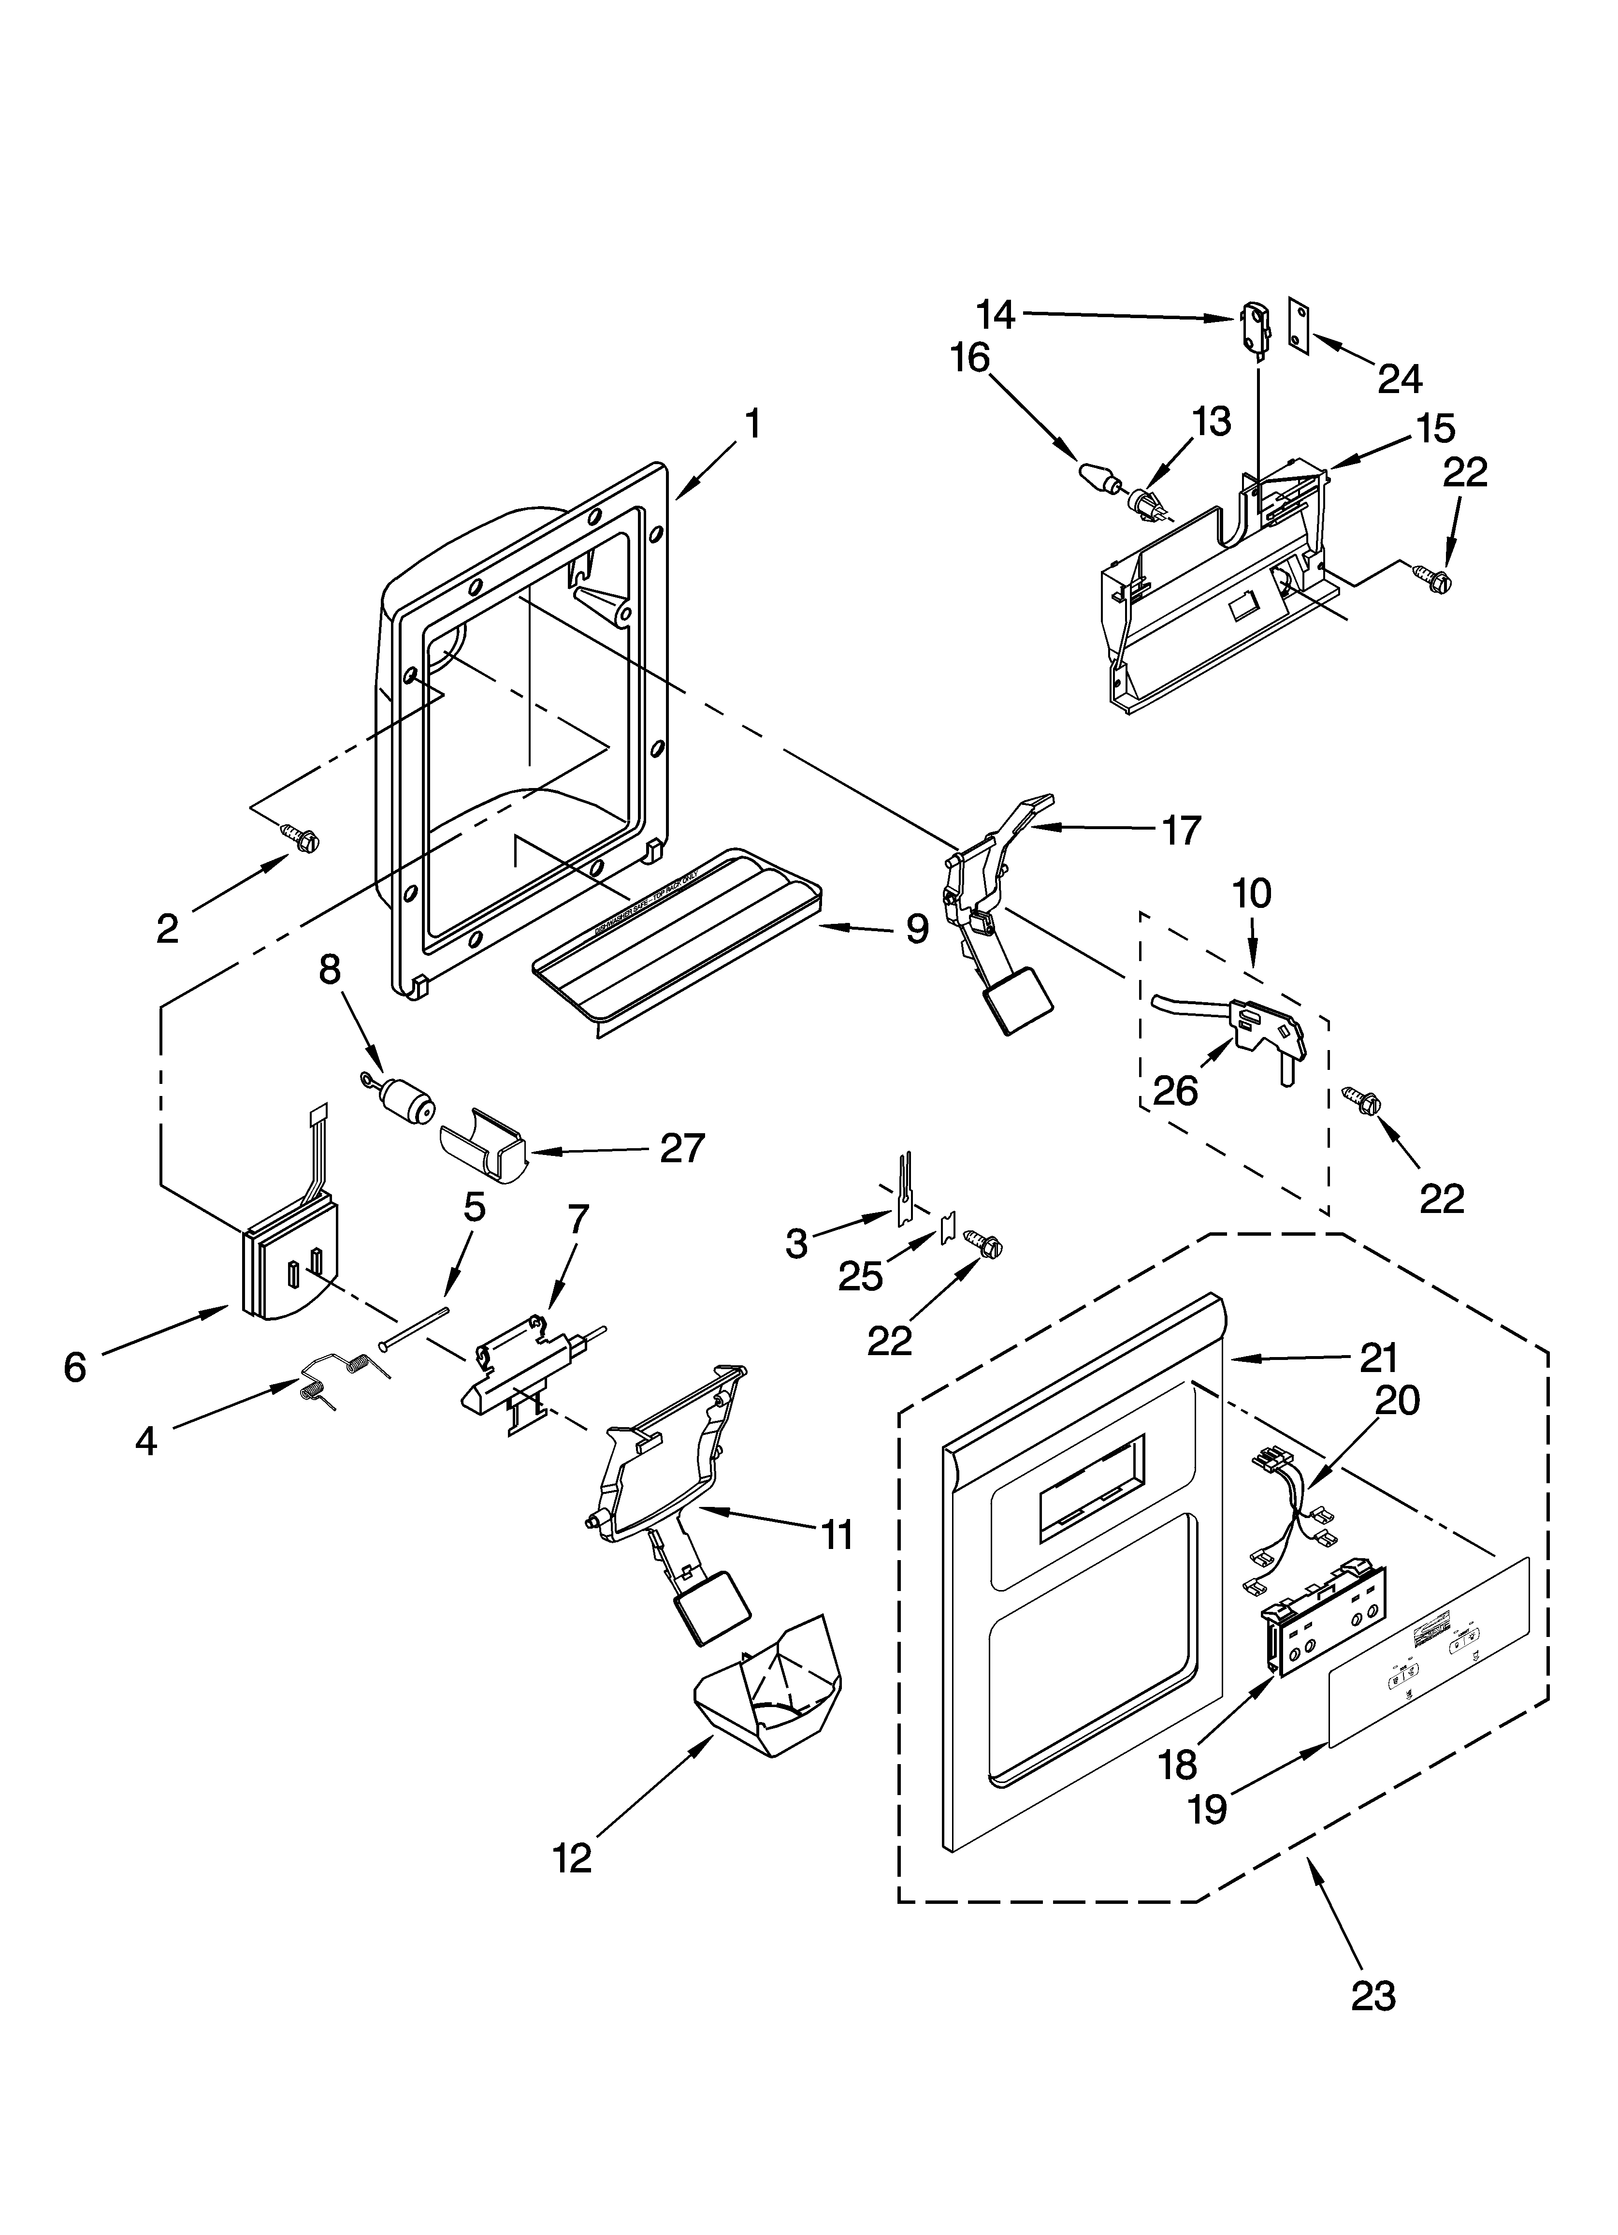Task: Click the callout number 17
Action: click(x=1181, y=831)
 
